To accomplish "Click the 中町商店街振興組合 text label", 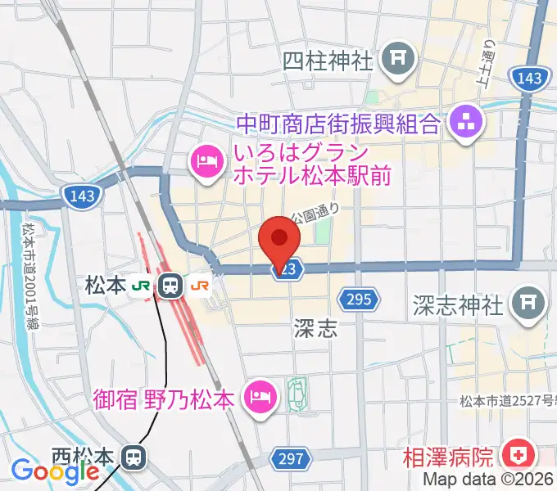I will [x=338, y=124].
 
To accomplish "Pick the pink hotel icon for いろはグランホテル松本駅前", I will [x=206, y=161].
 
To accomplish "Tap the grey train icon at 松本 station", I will [x=171, y=286].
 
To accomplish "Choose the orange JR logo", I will [x=199, y=286].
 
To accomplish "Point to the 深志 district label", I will [x=315, y=329].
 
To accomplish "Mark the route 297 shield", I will [x=294, y=460].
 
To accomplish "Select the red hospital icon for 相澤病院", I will [x=517, y=454].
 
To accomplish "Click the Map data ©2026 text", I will [x=489, y=480].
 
